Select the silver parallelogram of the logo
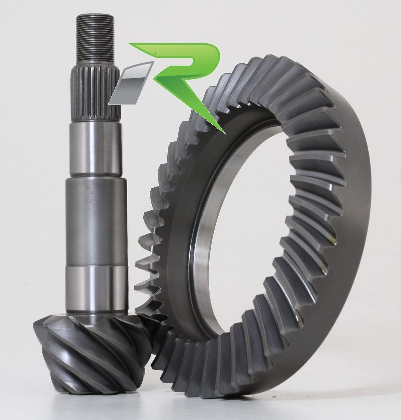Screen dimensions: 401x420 132,83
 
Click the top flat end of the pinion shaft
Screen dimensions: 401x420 95,15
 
